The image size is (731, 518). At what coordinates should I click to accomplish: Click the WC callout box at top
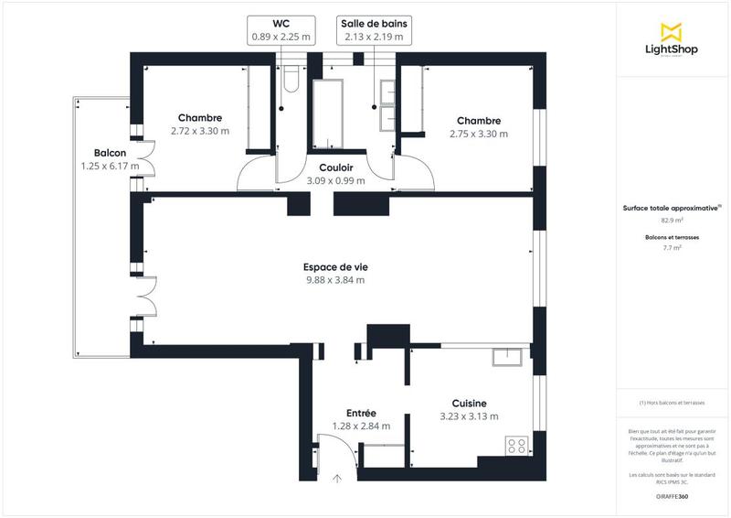281,29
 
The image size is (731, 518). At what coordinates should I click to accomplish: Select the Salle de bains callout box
373,29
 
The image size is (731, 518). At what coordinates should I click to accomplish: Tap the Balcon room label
110,153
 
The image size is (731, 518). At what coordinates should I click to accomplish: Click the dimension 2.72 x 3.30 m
200,132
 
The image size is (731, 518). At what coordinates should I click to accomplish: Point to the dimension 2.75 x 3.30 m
479,134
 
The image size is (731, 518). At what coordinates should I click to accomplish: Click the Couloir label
336,167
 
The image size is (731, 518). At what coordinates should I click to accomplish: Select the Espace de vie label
334,267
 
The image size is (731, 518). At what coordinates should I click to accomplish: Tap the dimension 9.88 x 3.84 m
334,280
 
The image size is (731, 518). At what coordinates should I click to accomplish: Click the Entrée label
361,413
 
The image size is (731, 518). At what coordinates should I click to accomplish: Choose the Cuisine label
469,404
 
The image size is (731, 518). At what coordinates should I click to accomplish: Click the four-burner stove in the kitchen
516,447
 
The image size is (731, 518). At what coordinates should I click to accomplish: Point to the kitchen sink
508,357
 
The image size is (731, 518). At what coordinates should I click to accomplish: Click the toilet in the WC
291,82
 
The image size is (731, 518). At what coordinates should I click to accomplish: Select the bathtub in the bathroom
327,115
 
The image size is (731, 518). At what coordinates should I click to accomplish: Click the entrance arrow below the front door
337,477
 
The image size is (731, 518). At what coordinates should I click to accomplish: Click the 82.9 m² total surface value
673,220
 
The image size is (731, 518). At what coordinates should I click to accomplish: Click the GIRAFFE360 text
673,495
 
